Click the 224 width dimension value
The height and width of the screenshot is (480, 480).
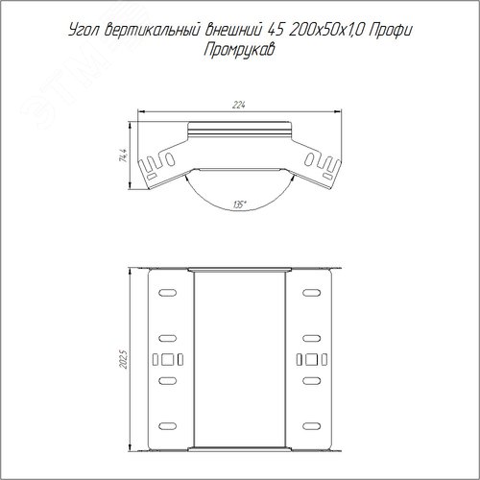[x=239, y=105]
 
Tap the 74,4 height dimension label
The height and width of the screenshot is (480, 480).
[x=123, y=156]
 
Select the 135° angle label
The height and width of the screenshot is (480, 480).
[x=239, y=204]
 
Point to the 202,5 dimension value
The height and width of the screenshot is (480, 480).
[x=124, y=359]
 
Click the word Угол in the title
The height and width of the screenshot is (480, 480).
[x=84, y=32]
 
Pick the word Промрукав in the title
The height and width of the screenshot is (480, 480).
[x=239, y=50]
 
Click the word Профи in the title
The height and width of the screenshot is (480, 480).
[x=390, y=32]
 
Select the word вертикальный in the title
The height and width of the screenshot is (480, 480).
[x=152, y=31]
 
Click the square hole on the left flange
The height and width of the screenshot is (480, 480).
[x=168, y=359]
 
